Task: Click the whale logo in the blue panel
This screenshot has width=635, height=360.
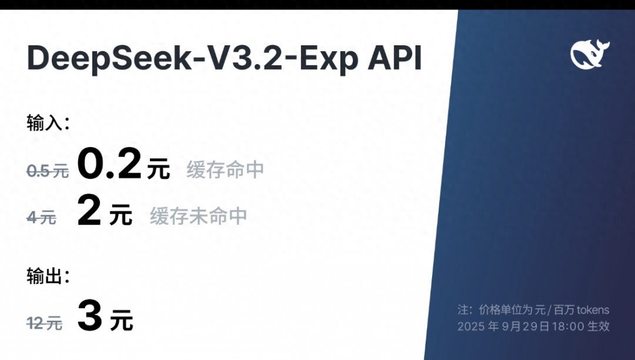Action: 590,54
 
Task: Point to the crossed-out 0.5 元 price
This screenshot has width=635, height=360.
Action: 47,171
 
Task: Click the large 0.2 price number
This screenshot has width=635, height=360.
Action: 110,165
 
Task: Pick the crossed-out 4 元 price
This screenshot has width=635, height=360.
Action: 41,218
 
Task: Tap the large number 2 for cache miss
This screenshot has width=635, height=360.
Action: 89,212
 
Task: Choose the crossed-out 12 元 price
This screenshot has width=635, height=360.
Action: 44,323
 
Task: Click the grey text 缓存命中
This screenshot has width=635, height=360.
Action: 225,171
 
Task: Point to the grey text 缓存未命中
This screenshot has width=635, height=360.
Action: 198,216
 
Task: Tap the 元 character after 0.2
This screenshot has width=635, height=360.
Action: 159,169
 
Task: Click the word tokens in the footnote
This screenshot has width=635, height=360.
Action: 593,310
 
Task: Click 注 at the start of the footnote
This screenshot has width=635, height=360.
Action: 463,310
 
